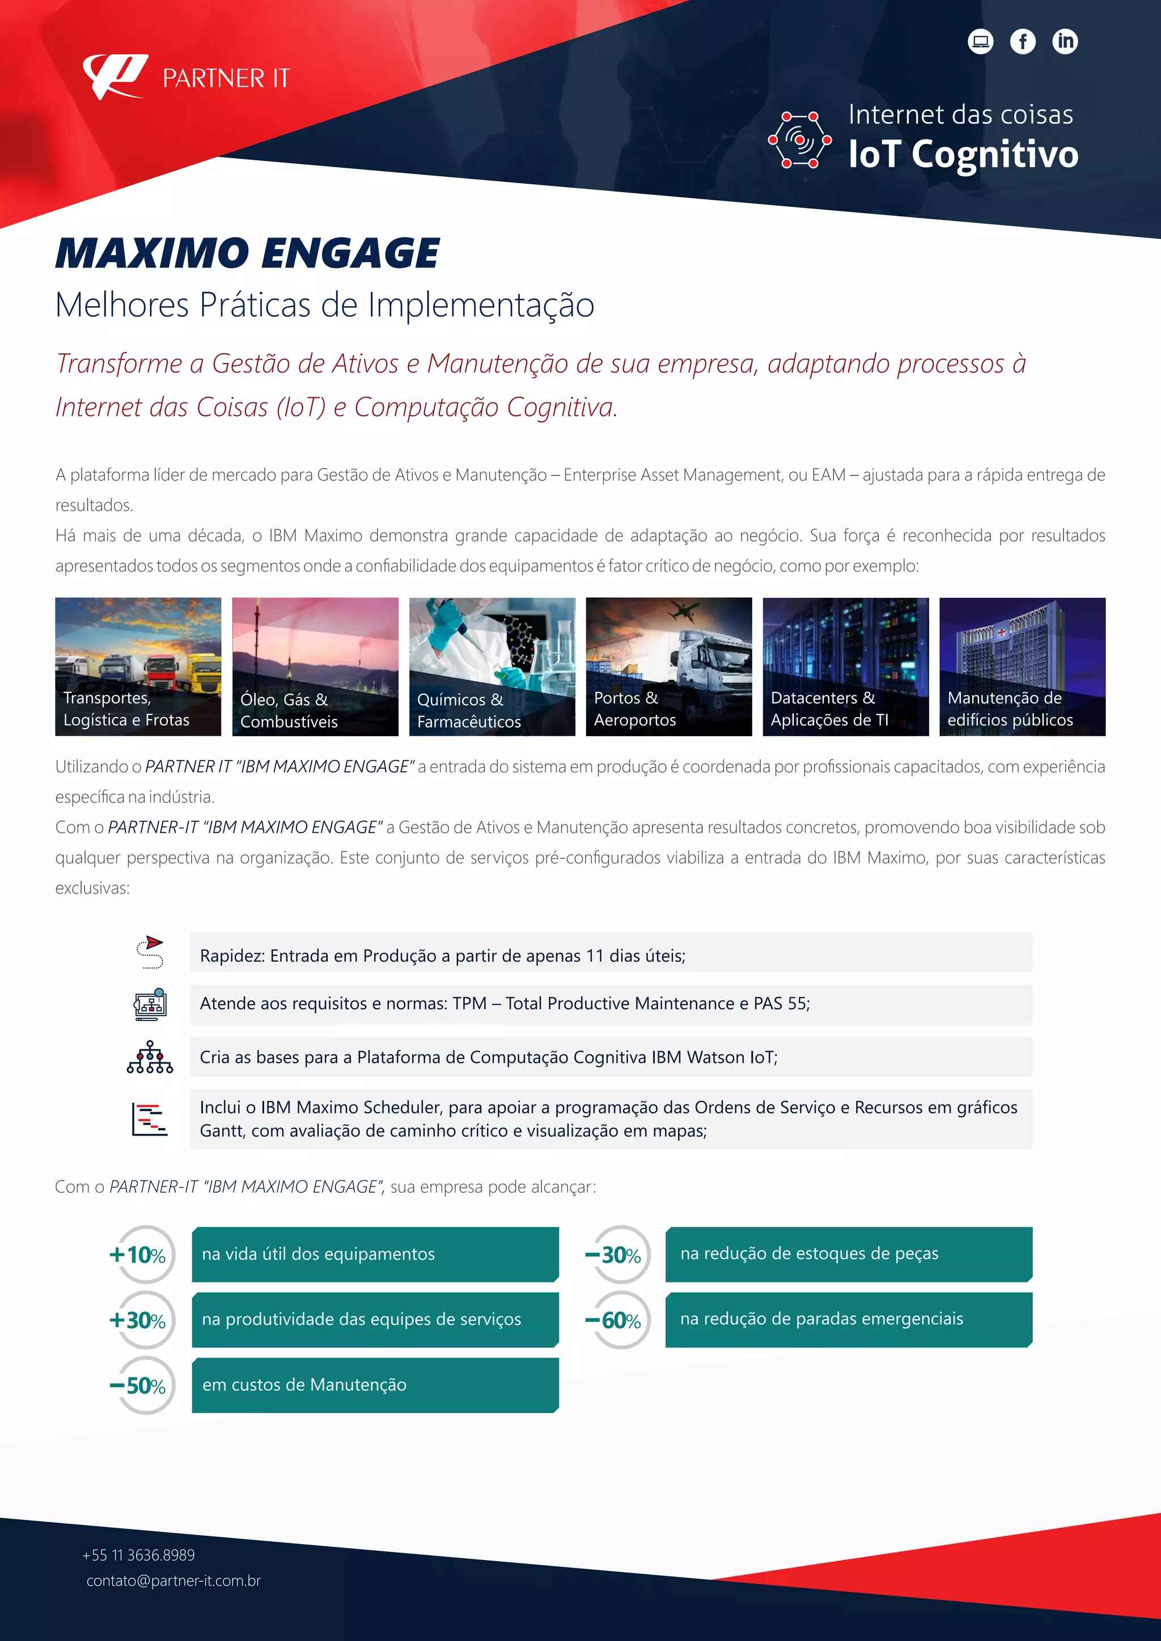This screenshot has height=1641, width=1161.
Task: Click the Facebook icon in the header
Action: (1022, 41)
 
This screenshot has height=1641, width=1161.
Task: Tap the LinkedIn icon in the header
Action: (1065, 41)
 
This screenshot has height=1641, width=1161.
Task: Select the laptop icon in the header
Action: (980, 41)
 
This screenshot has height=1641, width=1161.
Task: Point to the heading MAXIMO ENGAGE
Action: (247, 253)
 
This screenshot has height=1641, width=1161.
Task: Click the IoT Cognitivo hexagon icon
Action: (799, 140)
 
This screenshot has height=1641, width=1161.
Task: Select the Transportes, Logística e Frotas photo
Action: (138, 666)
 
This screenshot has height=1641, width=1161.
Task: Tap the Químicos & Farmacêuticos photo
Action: (492, 666)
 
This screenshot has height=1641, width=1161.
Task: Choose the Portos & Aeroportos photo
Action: (668, 666)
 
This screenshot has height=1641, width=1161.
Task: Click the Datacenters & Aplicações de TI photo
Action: (846, 666)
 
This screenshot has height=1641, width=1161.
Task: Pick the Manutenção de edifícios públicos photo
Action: (1022, 666)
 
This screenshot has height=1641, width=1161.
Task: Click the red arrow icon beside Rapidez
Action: (150, 951)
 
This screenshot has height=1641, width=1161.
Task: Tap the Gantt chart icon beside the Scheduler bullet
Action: (150, 1119)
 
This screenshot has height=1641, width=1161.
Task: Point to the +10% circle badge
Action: (143, 1255)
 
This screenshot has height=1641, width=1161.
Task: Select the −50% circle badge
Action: (143, 1385)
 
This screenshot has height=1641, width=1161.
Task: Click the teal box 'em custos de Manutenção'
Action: (375, 1385)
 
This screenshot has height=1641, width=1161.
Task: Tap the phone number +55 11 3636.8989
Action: (139, 1555)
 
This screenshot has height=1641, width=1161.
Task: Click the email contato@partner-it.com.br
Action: (173, 1580)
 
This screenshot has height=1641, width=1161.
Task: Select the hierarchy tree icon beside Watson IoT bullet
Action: (150, 1057)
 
